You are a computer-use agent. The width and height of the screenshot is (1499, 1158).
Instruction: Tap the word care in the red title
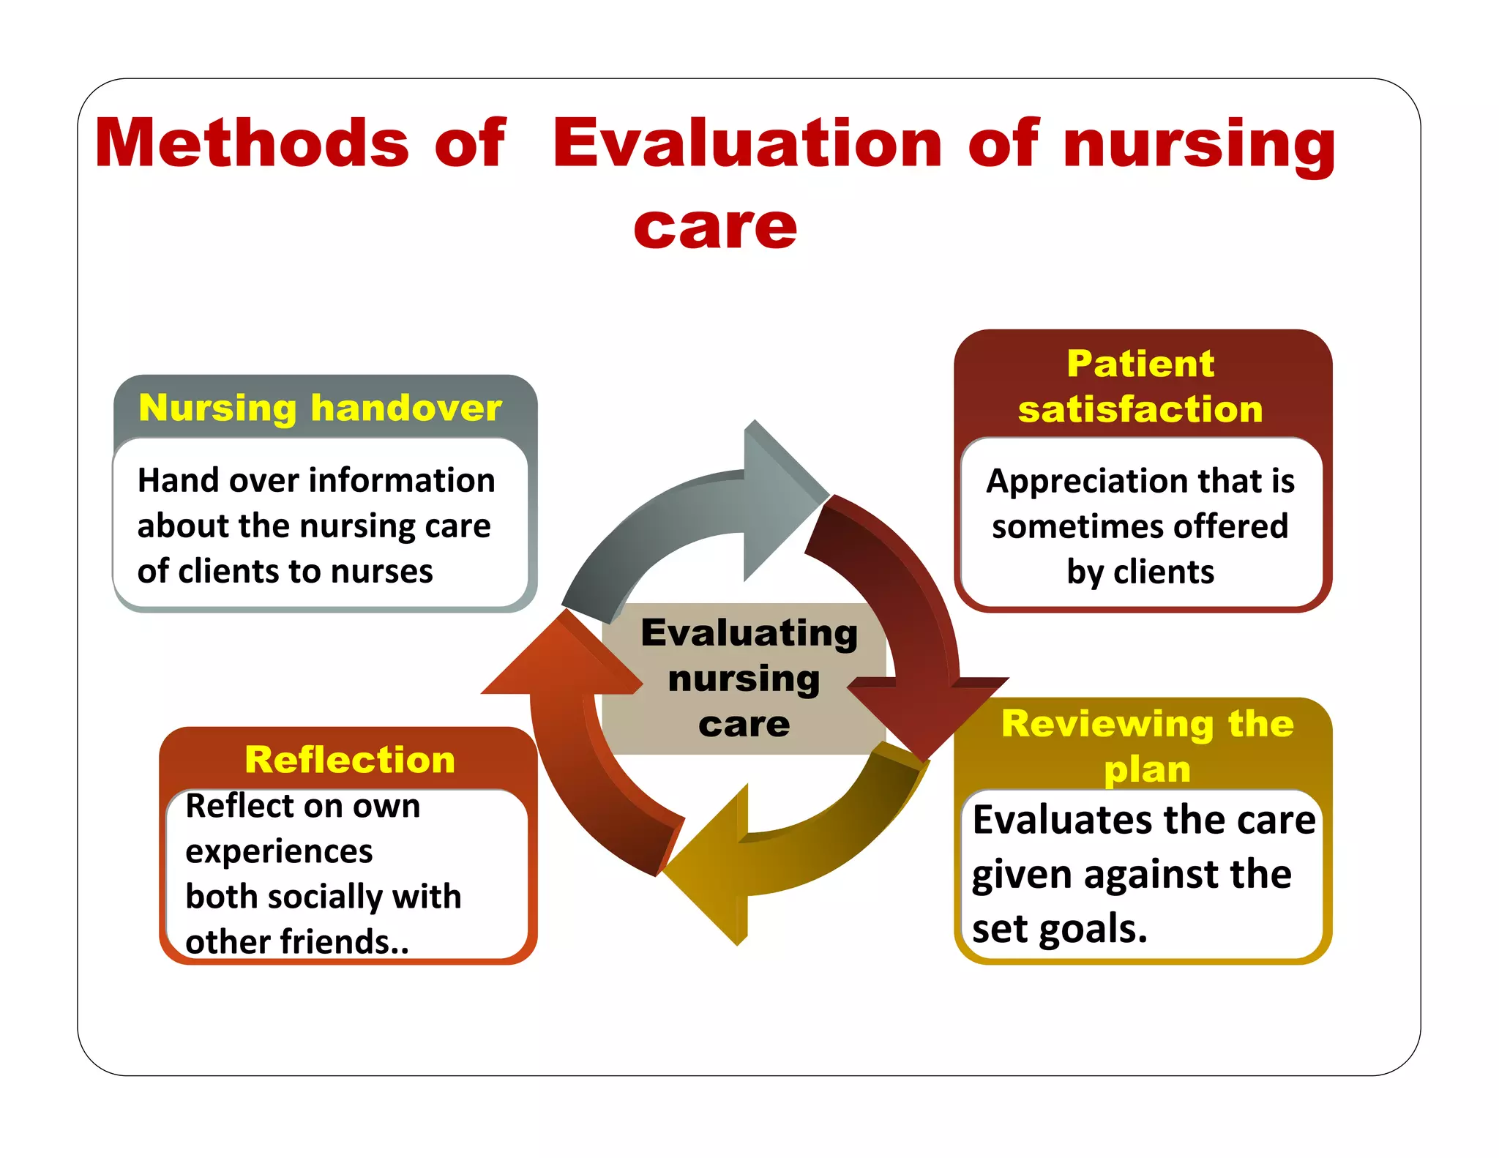tap(715, 227)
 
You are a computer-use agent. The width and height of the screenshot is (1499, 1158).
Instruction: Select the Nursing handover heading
tap(321, 408)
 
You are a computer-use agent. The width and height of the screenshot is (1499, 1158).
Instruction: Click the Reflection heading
tap(350, 759)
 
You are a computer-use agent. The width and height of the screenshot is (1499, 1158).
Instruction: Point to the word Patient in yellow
tap(1140, 364)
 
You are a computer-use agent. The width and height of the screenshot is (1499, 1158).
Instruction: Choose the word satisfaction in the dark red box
tap(1140, 409)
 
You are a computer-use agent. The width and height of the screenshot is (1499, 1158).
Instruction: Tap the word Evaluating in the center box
tap(749, 633)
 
